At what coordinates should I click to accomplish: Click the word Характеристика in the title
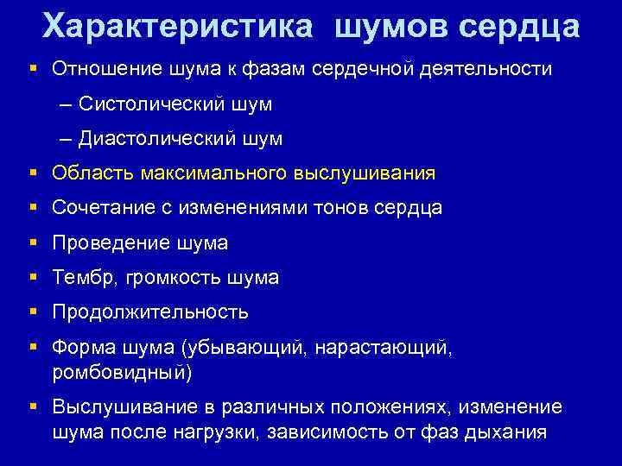178,27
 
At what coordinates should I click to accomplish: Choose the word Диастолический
159,138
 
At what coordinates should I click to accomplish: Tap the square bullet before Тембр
33,278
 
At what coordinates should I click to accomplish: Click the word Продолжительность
150,312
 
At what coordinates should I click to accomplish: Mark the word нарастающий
393,348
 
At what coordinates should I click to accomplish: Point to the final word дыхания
511,432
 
